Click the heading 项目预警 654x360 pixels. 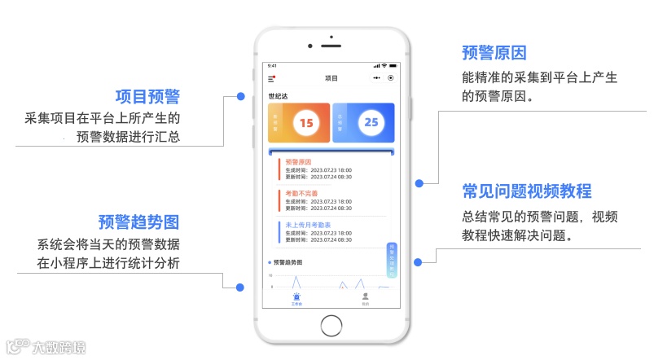coord(147,97)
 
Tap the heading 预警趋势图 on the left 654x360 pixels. coord(138,222)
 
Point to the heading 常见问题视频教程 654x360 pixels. coord(526,191)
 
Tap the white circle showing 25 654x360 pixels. coord(371,123)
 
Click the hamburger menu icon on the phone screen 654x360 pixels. coord(272,78)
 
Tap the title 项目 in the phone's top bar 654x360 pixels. coord(331,78)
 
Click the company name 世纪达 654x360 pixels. coord(278,96)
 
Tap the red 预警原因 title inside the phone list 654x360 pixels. coord(298,162)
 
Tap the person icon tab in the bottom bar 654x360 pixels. coord(366,297)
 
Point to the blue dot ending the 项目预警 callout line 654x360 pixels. coord(241,96)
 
